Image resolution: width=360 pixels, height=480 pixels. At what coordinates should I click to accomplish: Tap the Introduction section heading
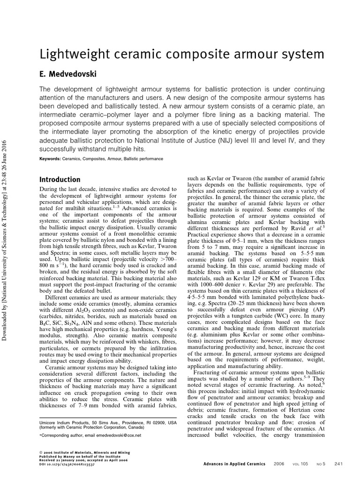pyautogui.click(x=60, y=180)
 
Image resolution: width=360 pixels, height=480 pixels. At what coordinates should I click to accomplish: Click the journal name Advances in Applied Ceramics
pyautogui.click(x=234, y=464)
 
